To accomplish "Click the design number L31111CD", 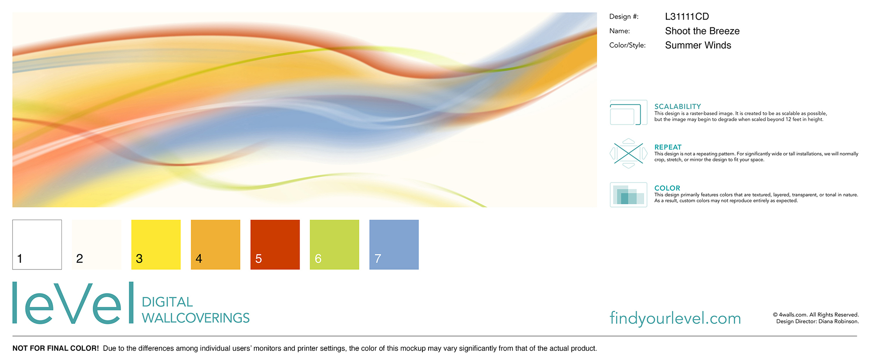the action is pos(687,17).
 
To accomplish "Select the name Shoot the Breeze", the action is pos(702,31).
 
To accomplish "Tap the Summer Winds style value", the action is pos(698,45).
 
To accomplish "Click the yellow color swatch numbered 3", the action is pos(156,245).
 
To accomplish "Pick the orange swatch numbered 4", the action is pos(216,245).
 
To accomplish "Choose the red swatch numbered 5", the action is pos(275,245).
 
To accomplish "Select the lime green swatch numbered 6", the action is pos(334,245).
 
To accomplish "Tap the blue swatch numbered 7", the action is pos(394,245).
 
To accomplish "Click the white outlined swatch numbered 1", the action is pos(37,245).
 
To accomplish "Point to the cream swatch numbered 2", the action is pos(97,245).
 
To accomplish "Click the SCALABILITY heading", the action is pos(678,106).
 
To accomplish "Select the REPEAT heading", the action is pos(668,147).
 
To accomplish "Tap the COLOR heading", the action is pos(667,188).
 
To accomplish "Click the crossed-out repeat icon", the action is pos(628,153).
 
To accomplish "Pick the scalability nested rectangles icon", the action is pos(628,112).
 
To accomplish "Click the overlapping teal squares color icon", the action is pos(628,195).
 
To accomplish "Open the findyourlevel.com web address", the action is pos(675,318).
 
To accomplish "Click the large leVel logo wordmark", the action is pos(73,303).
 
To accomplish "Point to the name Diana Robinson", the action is pos(838,322).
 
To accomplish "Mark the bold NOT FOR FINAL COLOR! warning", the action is pos(56,348).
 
